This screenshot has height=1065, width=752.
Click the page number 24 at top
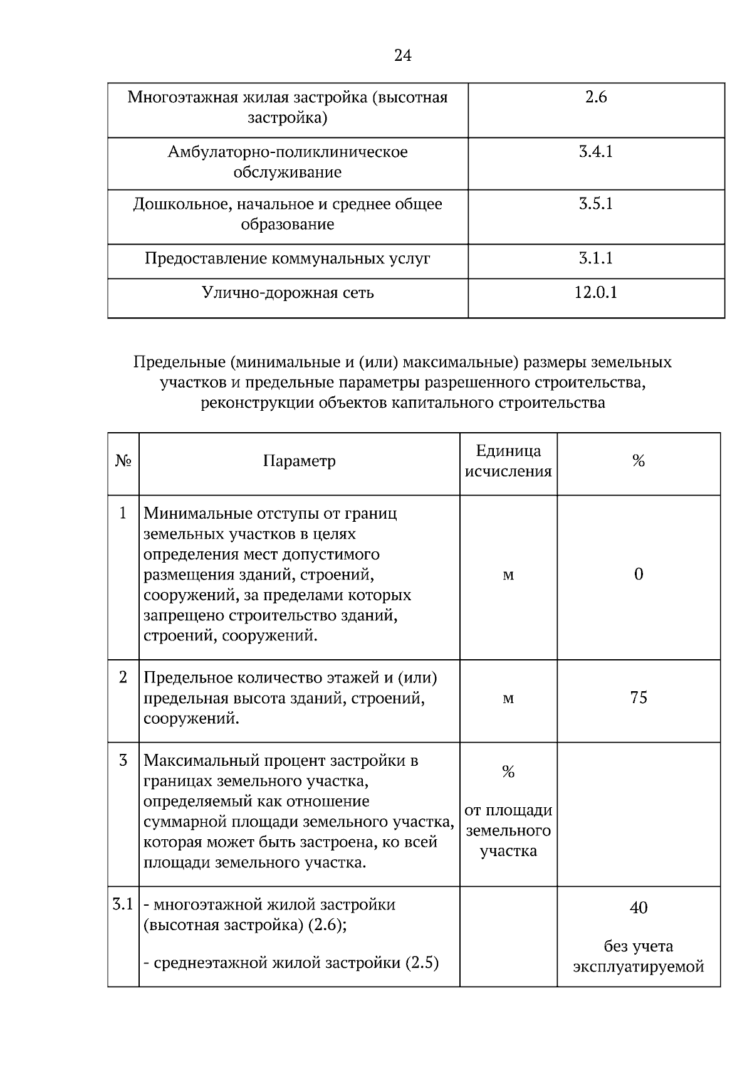pyautogui.click(x=403, y=56)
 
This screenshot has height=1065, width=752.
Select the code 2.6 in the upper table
pyautogui.click(x=596, y=97)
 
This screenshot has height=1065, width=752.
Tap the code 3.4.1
pyautogui.click(x=596, y=152)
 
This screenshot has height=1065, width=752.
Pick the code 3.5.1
pyautogui.click(x=596, y=204)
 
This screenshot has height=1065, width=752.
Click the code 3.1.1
pyautogui.click(x=596, y=258)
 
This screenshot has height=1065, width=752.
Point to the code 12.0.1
pyautogui.click(x=596, y=292)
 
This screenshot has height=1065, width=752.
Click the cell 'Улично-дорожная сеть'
pyautogui.click(x=288, y=293)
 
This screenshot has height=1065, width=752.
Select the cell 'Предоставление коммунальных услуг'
pyautogui.click(x=288, y=258)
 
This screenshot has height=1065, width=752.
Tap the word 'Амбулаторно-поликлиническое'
pyautogui.click(x=288, y=152)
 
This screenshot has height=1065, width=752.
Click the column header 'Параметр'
pyautogui.click(x=299, y=461)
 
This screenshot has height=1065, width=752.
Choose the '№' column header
pyautogui.click(x=123, y=462)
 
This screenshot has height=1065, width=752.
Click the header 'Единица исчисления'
pyautogui.click(x=508, y=461)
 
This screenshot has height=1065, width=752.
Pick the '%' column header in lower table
pyautogui.click(x=639, y=462)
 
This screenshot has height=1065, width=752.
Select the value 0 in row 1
pyautogui.click(x=639, y=574)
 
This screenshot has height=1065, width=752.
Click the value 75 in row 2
pyautogui.click(x=639, y=697)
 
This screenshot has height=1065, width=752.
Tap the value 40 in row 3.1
pyautogui.click(x=639, y=908)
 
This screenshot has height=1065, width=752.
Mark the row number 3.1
pyautogui.click(x=123, y=904)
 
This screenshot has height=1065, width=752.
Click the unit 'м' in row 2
pyautogui.click(x=508, y=698)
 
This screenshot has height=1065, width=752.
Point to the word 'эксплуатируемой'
pyautogui.click(x=639, y=967)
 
